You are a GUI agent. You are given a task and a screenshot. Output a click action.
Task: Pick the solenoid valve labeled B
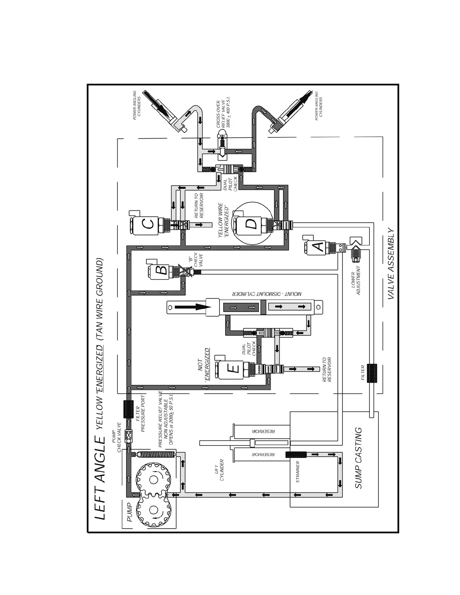point(161,270)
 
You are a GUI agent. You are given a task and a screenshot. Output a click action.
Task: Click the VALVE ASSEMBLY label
point(391,263)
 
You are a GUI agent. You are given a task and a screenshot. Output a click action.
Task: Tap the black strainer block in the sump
point(296,455)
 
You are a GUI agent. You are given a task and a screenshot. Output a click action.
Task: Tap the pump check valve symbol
point(128,437)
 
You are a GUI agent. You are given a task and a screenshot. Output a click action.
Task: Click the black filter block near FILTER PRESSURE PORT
point(128,409)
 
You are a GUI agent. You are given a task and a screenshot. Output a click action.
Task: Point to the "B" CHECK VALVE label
point(195,260)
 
